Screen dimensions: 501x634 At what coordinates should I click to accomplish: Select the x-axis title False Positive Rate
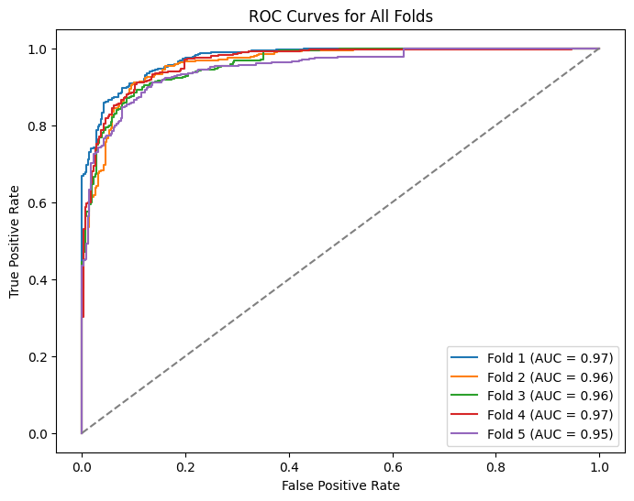340,485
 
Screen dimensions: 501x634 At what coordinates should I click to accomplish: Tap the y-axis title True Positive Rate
15,240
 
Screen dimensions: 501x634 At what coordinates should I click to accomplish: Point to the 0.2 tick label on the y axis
39,356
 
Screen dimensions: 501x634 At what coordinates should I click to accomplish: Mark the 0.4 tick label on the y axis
39,279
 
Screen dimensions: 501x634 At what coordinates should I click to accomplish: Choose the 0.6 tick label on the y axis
39,202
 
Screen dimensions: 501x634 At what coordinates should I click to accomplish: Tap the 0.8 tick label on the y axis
39,125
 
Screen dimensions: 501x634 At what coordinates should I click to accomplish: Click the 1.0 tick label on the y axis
39,49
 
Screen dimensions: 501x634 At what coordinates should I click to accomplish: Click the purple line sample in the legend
466,433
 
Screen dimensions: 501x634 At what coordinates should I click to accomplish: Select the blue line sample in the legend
466,356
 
